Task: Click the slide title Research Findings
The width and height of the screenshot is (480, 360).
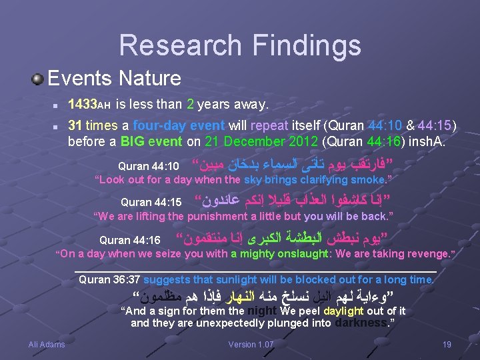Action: click(x=240, y=45)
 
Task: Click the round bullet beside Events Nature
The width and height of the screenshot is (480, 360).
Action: click(x=37, y=79)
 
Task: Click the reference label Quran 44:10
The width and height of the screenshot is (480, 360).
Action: click(x=149, y=165)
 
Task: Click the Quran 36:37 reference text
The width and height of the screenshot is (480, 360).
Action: click(x=109, y=279)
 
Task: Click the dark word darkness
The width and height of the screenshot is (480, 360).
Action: click(x=361, y=323)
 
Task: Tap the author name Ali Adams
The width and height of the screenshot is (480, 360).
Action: click(x=47, y=344)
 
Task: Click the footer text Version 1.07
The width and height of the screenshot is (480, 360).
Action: click(x=251, y=344)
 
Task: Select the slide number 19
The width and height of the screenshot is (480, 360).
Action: click(x=447, y=344)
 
